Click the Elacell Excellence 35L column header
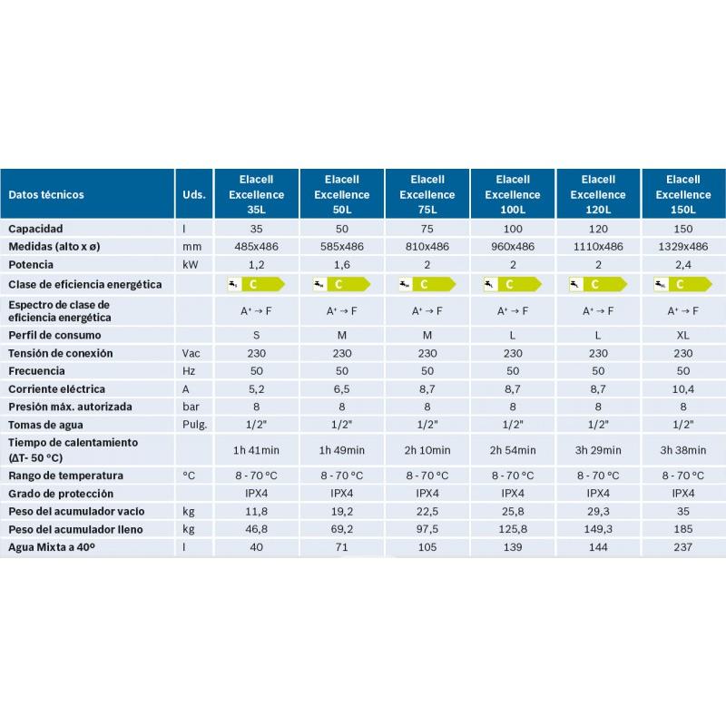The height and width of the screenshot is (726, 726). pos(256,194)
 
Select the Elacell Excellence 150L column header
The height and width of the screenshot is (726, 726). pos(683,194)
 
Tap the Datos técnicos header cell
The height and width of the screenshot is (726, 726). pos(46,194)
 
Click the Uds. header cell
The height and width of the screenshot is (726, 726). pos(194,194)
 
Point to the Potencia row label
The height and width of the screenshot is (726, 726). pos(31,265)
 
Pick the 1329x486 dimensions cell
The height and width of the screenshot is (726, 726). pos(683,247)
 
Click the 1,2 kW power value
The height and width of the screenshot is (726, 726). pos(256,265)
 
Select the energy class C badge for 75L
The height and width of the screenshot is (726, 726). pos(427,284)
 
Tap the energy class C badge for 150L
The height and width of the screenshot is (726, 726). pos(683,284)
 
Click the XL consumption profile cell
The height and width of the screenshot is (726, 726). pos(683,335)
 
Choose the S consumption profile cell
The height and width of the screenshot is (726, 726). pos(256,335)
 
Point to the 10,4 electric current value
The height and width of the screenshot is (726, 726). pos(683,389)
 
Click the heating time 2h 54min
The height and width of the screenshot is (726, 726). pos(513,450)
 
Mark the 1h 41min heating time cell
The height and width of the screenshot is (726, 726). pos(256,450)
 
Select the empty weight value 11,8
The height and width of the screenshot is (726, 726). pos(256,512)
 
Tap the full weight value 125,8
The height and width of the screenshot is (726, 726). pos(513,529)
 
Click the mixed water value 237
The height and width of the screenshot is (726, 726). pos(683,547)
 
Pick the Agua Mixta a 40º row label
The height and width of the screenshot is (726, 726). pos(52,547)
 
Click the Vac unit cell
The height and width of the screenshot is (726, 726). pos(191,353)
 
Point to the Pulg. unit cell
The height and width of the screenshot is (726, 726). pos(194,425)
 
